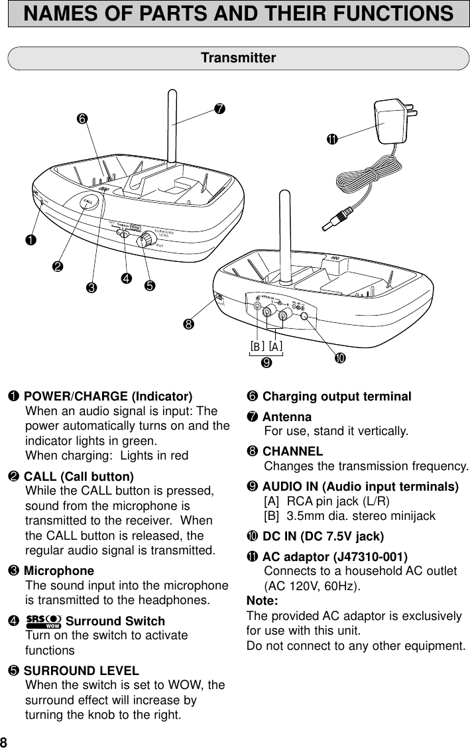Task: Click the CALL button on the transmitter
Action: click(x=87, y=202)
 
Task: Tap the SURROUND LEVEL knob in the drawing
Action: click(x=143, y=242)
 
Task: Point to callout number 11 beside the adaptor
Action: click(x=331, y=139)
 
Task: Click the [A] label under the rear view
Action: click(x=276, y=346)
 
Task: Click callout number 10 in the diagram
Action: click(x=339, y=358)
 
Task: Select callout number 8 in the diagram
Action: click(x=190, y=324)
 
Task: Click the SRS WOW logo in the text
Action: click(x=44, y=622)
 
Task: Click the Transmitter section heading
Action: click(x=238, y=58)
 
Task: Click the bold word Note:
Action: click(x=262, y=601)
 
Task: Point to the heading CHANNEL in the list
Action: click(x=293, y=452)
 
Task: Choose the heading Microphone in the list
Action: click(x=59, y=571)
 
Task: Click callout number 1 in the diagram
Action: click(x=31, y=239)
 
